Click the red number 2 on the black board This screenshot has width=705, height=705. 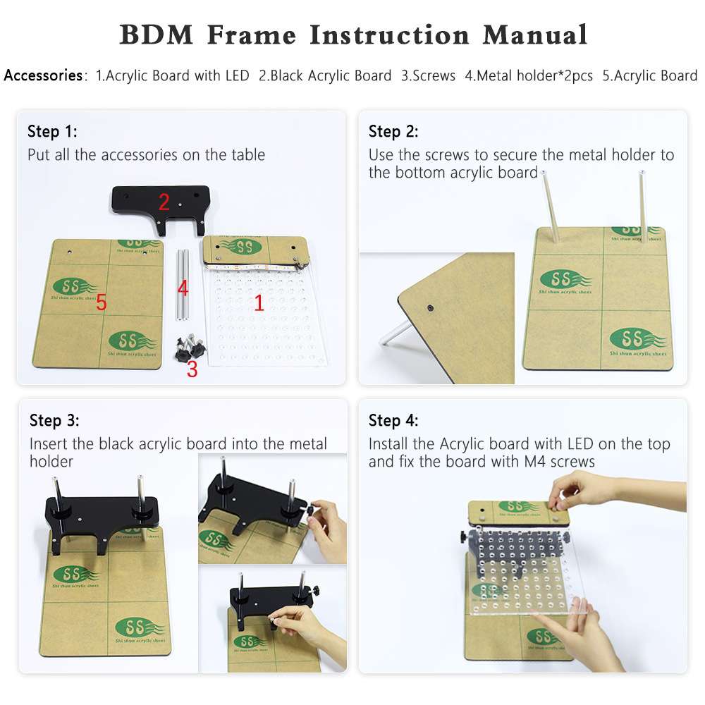click(x=164, y=202)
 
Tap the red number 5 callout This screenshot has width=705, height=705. click(x=102, y=303)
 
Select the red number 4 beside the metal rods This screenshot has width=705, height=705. click(x=183, y=288)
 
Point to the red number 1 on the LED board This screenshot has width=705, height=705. click(x=259, y=303)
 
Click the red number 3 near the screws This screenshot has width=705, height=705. click(x=192, y=369)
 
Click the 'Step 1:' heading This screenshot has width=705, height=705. click(x=52, y=131)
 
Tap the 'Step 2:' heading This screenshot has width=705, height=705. click(x=393, y=131)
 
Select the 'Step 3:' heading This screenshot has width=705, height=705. click(x=54, y=421)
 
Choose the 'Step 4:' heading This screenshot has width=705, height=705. click(x=393, y=421)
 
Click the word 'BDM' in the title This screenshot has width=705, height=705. click(x=157, y=35)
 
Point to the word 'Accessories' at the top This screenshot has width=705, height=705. click(x=43, y=75)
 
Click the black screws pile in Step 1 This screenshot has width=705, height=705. click(x=188, y=346)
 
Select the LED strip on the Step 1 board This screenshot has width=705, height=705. click(x=250, y=268)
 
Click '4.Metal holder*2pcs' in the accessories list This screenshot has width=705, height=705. click(x=529, y=75)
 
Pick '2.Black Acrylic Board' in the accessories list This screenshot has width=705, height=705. click(x=325, y=75)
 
